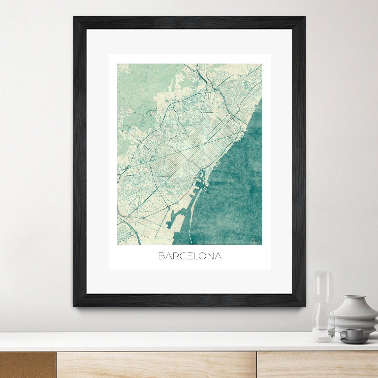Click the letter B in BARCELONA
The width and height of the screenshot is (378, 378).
pos(161,256)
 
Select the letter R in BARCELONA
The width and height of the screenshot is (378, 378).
pos(176,256)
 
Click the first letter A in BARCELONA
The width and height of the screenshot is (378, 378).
pos(168,256)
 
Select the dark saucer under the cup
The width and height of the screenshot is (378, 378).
pos(354,341)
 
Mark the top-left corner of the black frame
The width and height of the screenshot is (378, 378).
pos(74,17)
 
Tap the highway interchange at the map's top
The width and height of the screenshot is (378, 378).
pos(214,88)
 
